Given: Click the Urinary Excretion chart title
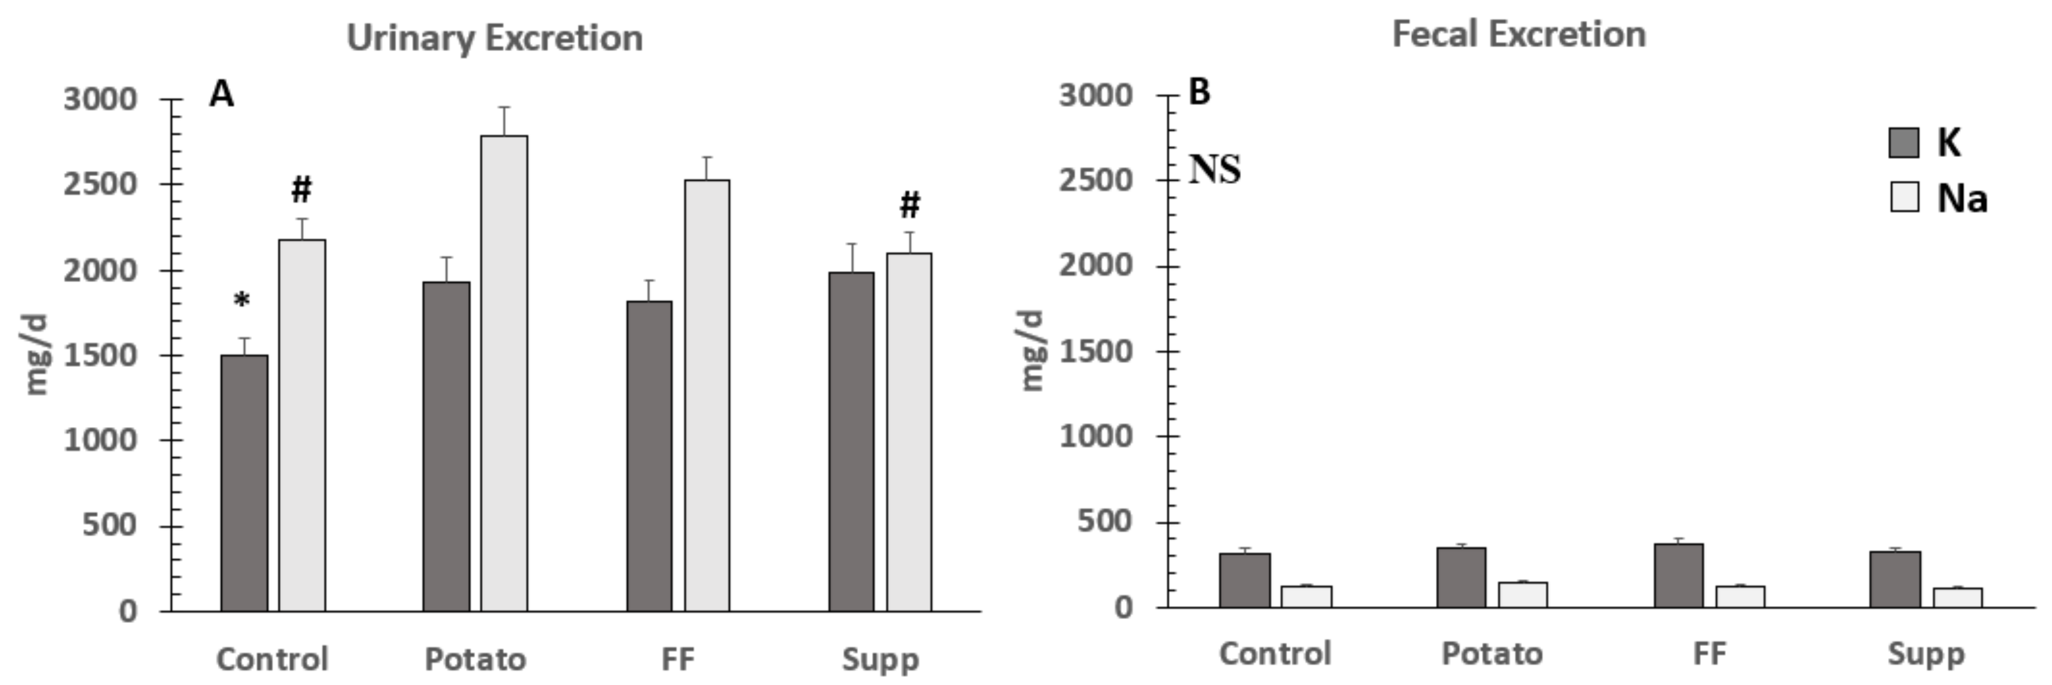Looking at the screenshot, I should (495, 38).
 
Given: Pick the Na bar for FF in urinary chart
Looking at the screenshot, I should (707, 395).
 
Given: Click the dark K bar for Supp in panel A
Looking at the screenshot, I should (851, 441).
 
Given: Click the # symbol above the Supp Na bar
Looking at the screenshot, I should (910, 205).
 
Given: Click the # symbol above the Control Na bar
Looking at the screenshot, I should (301, 189).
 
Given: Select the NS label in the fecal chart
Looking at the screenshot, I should (1215, 170).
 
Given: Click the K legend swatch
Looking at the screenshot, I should (1904, 143).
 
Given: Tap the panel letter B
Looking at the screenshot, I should (1199, 92).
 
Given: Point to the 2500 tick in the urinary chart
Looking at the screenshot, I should (100, 184).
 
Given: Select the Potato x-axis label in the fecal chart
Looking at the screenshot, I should (1492, 654).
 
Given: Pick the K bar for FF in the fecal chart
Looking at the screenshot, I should (1678, 575).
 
